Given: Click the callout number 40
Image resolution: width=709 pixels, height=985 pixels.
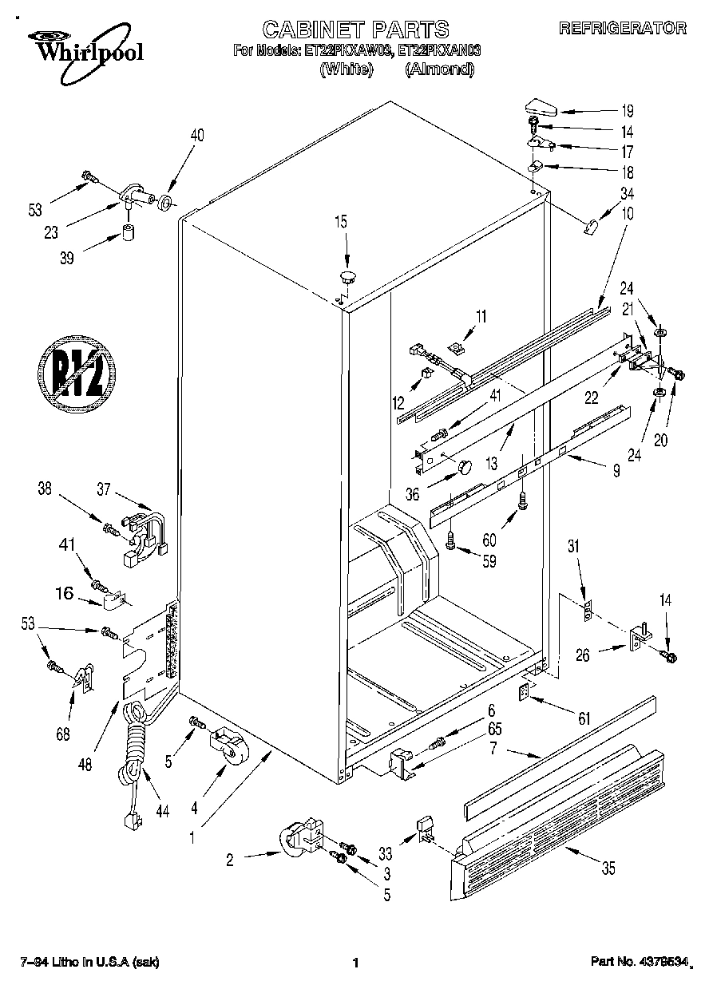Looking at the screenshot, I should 196,136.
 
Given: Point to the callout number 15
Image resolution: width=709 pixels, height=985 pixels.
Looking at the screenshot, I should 341,224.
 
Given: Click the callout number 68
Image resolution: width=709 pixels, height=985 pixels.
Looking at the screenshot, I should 63,734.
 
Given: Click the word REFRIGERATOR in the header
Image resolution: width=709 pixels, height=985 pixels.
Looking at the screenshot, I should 623,29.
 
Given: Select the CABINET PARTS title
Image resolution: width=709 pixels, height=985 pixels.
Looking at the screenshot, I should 355,30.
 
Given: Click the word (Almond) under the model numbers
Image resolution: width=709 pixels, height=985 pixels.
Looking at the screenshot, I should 439,69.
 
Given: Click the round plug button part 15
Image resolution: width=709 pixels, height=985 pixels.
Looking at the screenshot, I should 347,277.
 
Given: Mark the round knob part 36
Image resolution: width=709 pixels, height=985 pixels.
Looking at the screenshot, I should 464,466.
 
